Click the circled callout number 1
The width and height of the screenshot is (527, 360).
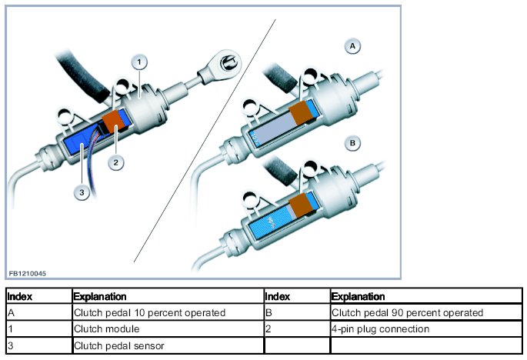point(138,61)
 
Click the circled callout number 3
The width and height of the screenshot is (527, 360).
point(82,192)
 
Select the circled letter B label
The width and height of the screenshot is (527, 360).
point(354,143)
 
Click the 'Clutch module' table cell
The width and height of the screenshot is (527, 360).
point(165,329)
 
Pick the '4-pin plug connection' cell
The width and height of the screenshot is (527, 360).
point(425,329)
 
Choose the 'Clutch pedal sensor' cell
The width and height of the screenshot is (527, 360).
point(165,346)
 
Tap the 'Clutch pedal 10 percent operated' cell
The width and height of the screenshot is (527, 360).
point(165,313)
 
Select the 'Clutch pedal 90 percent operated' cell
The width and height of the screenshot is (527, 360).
point(425,313)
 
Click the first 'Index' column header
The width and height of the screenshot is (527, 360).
point(37,296)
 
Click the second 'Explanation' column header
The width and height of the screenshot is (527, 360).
point(425,296)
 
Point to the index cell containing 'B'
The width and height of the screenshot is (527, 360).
point(295,313)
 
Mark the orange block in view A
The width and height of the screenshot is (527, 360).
point(302,115)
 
